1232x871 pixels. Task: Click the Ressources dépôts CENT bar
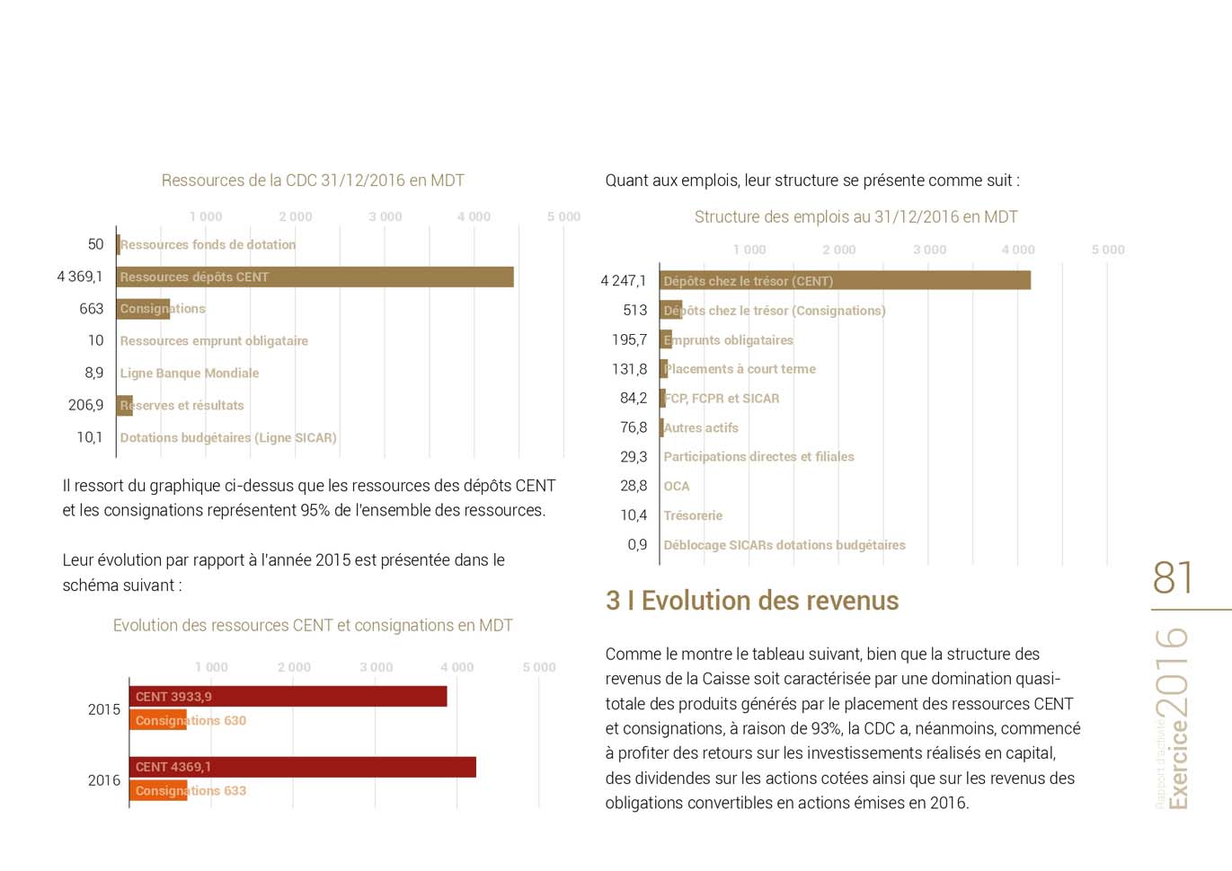coord(315,277)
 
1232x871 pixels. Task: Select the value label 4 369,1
coord(80,277)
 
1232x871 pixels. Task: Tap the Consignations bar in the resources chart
coord(144,309)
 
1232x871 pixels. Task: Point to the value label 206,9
coord(86,405)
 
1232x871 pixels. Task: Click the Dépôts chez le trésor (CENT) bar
coord(845,281)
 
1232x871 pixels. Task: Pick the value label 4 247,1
coord(624,281)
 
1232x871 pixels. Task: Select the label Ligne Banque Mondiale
coord(190,374)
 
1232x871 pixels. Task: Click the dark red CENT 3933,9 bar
coord(288,697)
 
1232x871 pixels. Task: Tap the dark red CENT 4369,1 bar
coord(302,767)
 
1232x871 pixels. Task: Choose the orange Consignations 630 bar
coord(158,720)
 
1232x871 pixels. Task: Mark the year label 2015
coord(104,709)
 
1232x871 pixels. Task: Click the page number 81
coord(1173,578)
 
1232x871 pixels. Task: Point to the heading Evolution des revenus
coord(752,601)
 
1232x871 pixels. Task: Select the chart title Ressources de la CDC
coord(313,180)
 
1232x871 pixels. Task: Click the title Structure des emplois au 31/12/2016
coord(855,217)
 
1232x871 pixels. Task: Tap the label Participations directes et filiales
coord(758,457)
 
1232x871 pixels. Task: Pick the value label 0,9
coord(637,545)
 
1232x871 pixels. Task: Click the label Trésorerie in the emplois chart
coord(693,515)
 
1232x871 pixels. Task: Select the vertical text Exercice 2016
coord(1174,718)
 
